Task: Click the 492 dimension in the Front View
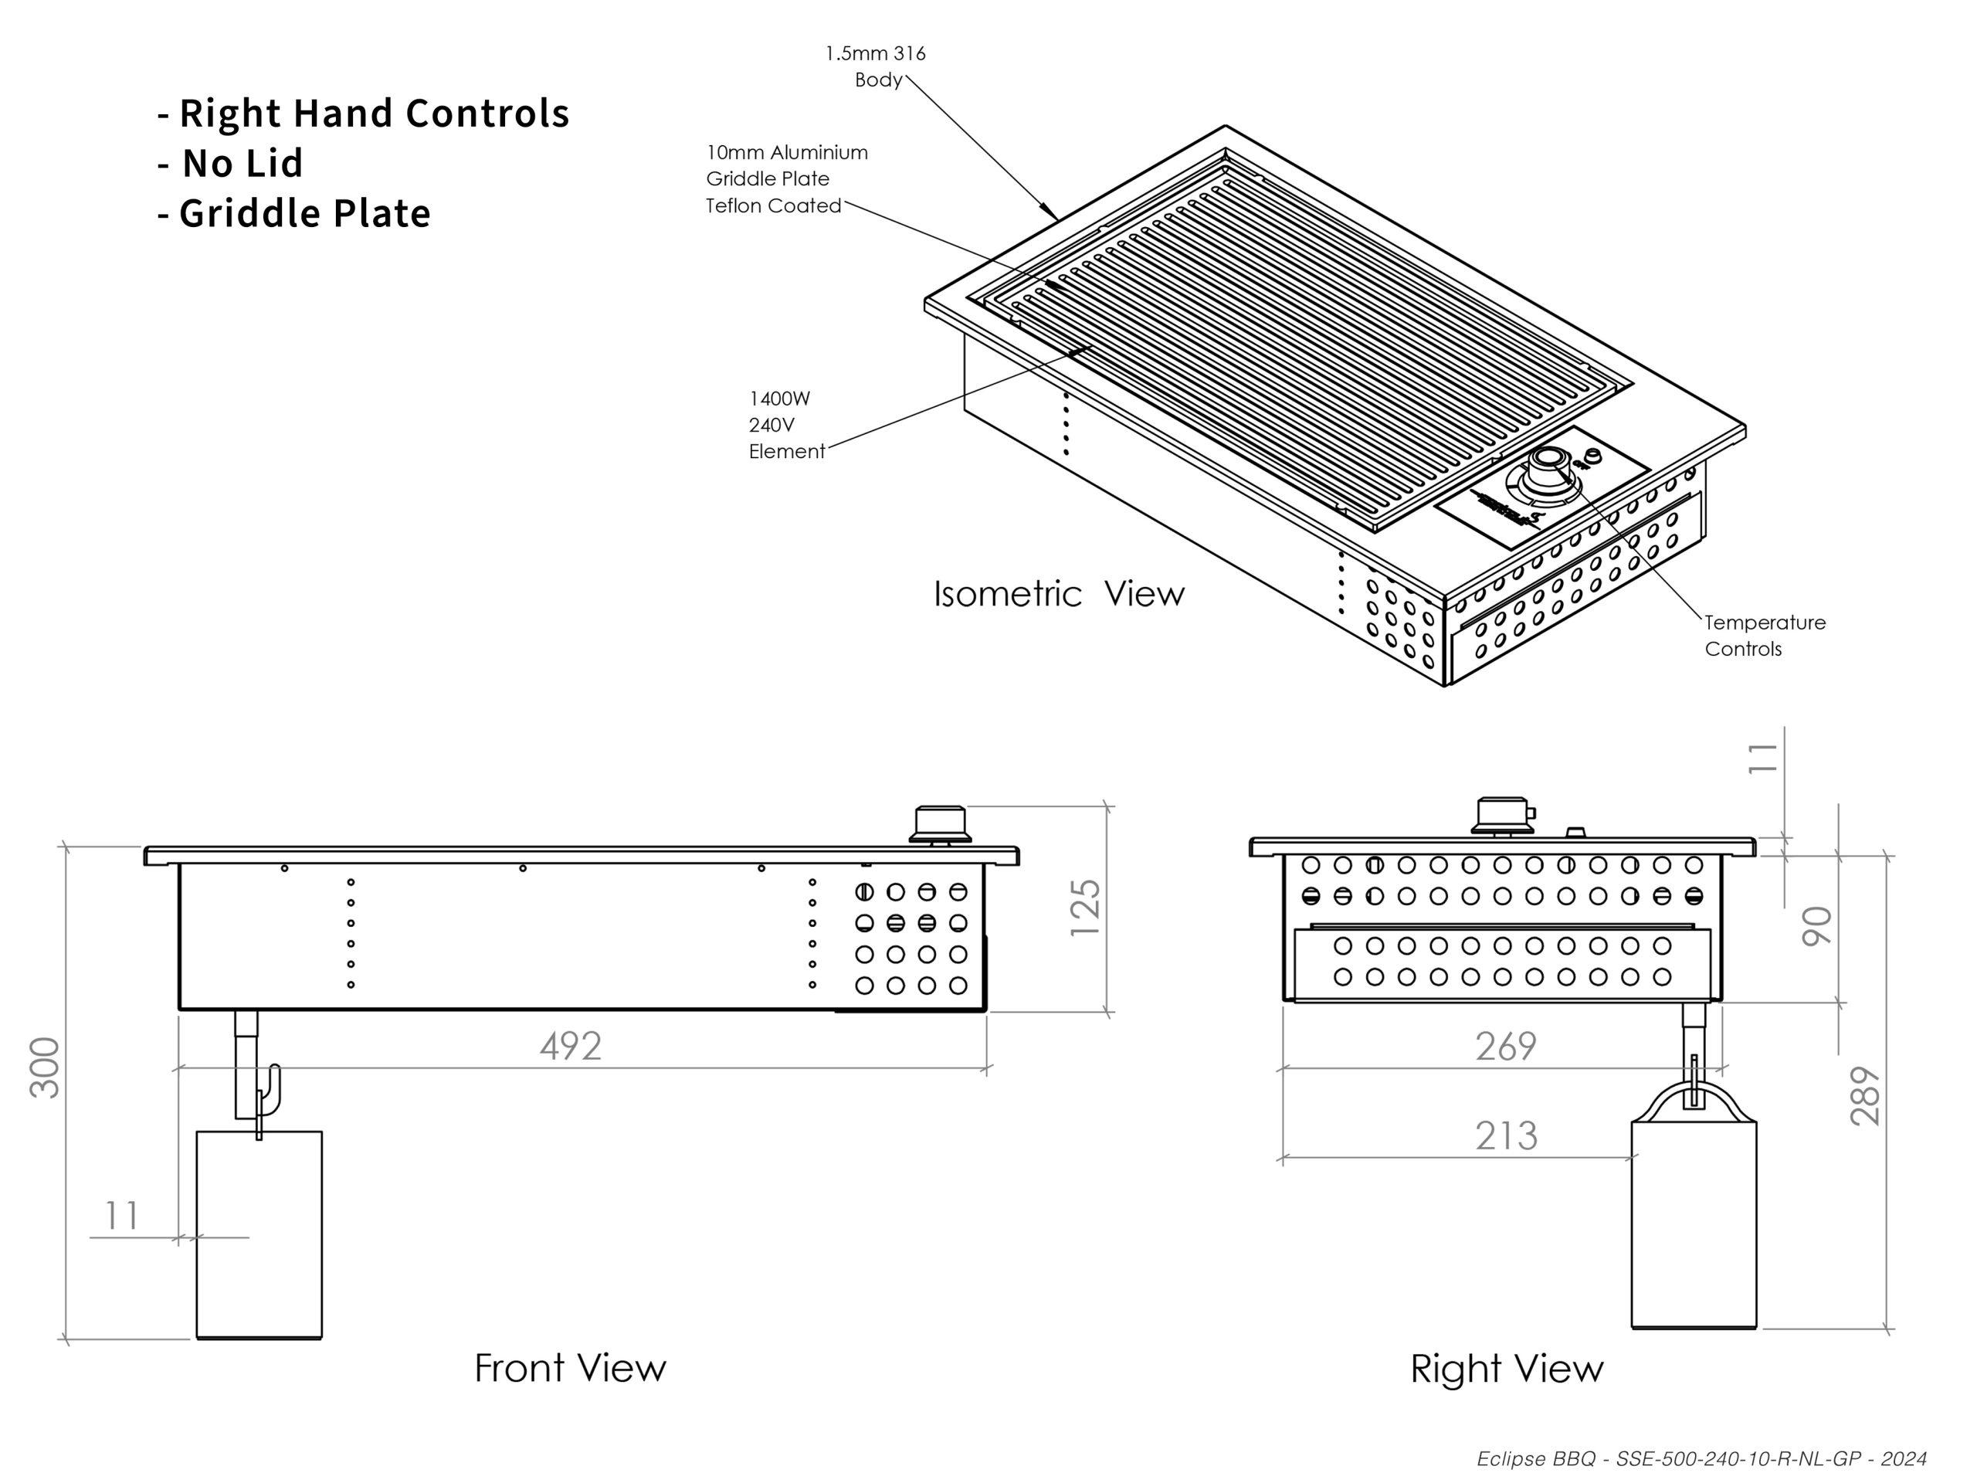point(570,1045)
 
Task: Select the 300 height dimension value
point(45,1067)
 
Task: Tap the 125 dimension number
point(1085,908)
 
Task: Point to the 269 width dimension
point(1506,1045)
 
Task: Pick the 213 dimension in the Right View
point(1506,1135)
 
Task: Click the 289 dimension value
point(1865,1095)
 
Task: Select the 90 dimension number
point(1816,925)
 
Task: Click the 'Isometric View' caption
point(1059,593)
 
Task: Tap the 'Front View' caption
point(570,1368)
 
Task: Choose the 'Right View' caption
point(1507,1369)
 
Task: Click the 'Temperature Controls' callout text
point(1765,635)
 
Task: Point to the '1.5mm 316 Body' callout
point(875,66)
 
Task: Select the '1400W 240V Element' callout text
point(786,425)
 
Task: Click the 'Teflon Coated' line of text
point(773,205)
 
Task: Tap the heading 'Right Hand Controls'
point(374,114)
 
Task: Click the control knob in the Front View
point(941,824)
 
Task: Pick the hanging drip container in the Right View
point(1693,1206)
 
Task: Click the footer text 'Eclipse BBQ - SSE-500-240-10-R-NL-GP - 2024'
point(1701,1459)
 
